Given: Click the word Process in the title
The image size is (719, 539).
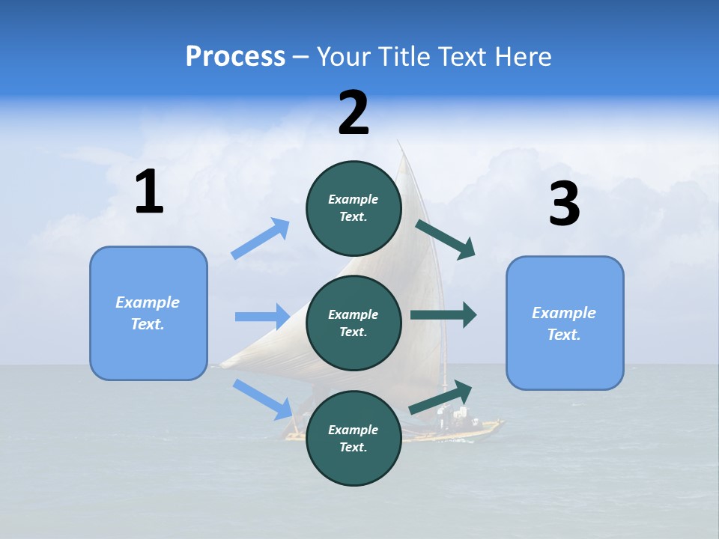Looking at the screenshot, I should point(235,56).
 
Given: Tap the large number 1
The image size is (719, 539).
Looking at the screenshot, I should point(149,192).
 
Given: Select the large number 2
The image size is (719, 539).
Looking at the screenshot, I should point(354,114).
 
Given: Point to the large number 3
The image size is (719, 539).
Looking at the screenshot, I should point(564,204).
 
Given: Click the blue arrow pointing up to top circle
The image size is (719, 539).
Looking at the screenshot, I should point(261,239).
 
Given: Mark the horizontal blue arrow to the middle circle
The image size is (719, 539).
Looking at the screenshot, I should point(262,317).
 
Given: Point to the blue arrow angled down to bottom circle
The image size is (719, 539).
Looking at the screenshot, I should point(263,399).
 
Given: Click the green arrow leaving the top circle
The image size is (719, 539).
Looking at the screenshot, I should point(446,239).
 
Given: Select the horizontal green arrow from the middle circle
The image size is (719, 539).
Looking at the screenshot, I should point(443,315).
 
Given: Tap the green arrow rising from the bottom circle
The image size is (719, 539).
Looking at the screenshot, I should point(441,398).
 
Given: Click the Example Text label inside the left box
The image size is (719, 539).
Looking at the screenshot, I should point(148,313).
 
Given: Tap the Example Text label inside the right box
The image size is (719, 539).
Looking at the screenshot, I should point(564,323).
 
